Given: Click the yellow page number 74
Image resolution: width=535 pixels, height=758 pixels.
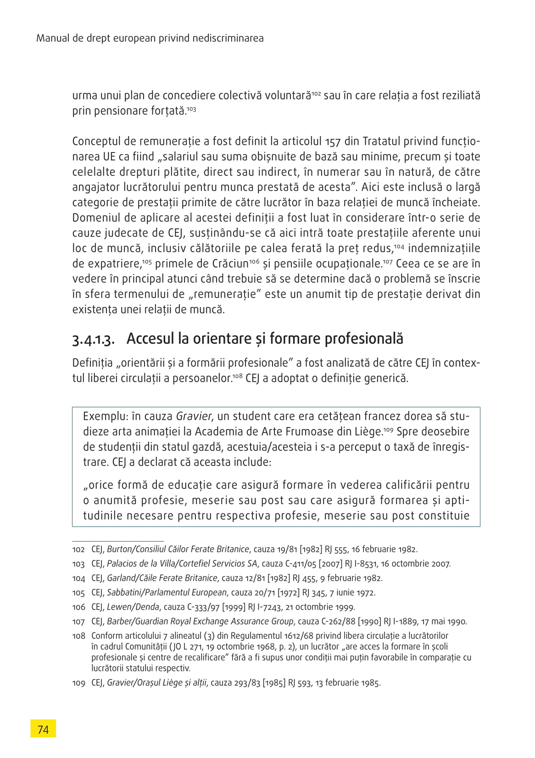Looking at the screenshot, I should coord(43,729).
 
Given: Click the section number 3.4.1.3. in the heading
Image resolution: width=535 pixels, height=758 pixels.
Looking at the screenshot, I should coord(93,339).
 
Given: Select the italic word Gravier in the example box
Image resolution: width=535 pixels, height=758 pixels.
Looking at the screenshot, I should coord(194,416).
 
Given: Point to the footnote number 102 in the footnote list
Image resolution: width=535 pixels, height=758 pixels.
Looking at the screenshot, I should coord(78,549).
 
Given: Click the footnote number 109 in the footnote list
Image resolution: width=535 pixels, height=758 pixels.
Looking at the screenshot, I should coord(78,683).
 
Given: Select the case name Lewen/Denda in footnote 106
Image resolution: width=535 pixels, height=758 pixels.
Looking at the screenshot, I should coord(133,607).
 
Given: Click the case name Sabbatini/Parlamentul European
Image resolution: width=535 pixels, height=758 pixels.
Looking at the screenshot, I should coord(167,593).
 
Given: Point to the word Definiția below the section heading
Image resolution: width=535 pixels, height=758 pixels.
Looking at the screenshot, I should coord(92,363).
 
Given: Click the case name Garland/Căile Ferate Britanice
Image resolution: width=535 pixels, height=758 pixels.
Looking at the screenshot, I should coord(162,578).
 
